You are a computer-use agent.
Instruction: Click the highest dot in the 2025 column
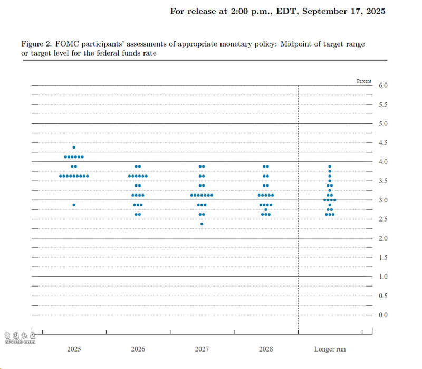(74, 147)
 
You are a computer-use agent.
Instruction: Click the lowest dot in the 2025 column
(74, 205)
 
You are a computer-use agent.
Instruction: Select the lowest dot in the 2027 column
(202, 224)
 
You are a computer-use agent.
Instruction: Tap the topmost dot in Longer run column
(330, 167)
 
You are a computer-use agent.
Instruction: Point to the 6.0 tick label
(383, 85)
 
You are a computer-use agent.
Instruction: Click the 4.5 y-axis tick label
(383, 143)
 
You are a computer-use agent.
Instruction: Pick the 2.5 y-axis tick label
(383, 219)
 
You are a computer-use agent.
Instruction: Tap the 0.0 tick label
(383, 315)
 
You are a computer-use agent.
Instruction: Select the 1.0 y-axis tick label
(383, 277)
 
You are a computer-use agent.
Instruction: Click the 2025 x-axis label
(74, 349)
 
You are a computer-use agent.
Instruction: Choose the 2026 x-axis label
(138, 349)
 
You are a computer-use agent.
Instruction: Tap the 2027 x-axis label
(202, 349)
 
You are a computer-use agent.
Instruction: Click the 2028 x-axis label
(266, 349)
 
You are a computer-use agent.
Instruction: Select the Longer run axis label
(330, 349)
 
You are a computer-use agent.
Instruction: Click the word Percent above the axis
(364, 81)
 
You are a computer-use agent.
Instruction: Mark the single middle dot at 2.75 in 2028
(266, 209)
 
